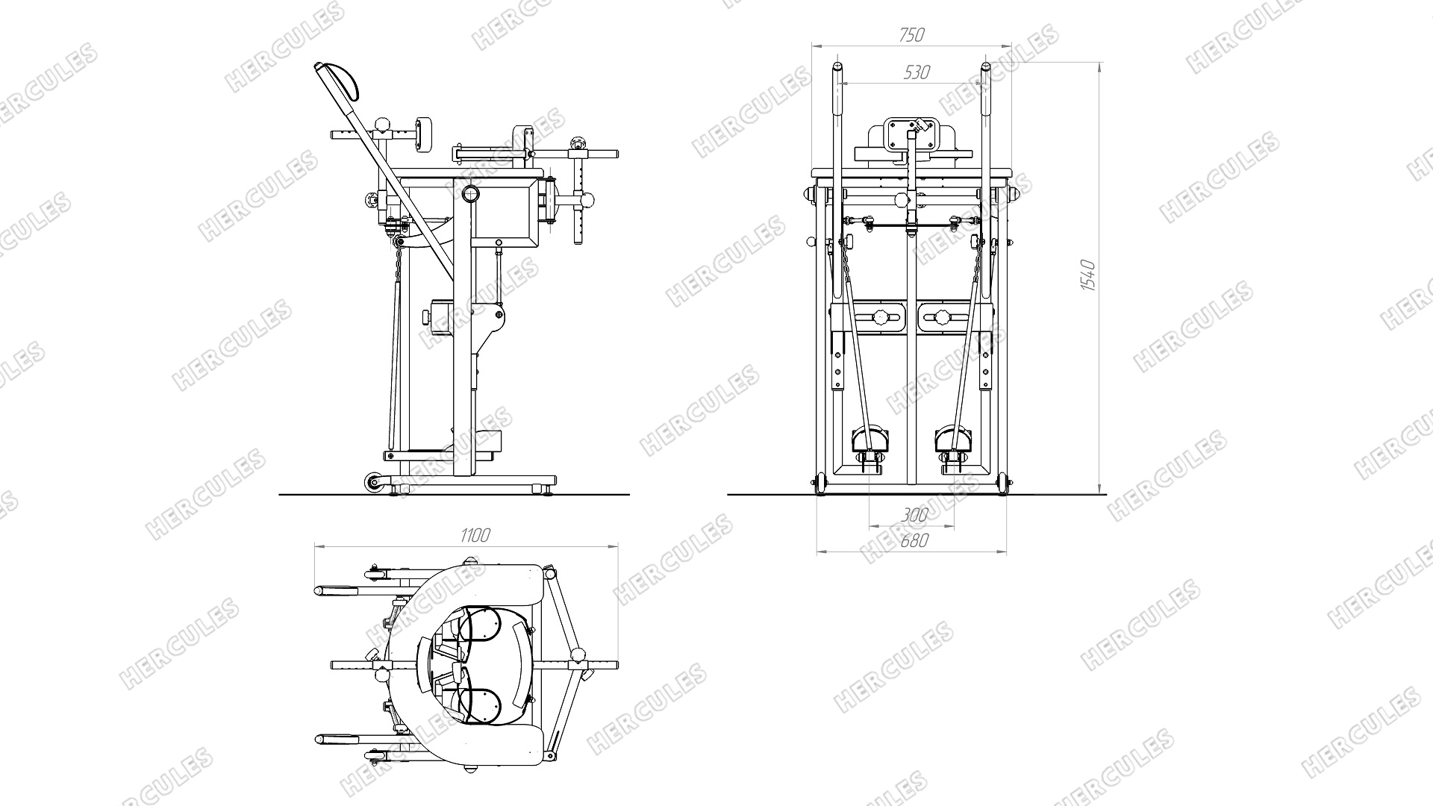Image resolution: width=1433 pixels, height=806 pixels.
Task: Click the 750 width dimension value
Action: [x=911, y=34]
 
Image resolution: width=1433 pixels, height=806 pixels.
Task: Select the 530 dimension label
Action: [x=917, y=72]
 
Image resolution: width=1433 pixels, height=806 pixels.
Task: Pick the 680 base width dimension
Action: [x=914, y=540]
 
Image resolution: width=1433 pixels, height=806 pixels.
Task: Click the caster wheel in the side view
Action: [x=372, y=483]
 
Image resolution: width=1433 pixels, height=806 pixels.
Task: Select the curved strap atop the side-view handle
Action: [x=341, y=81]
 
